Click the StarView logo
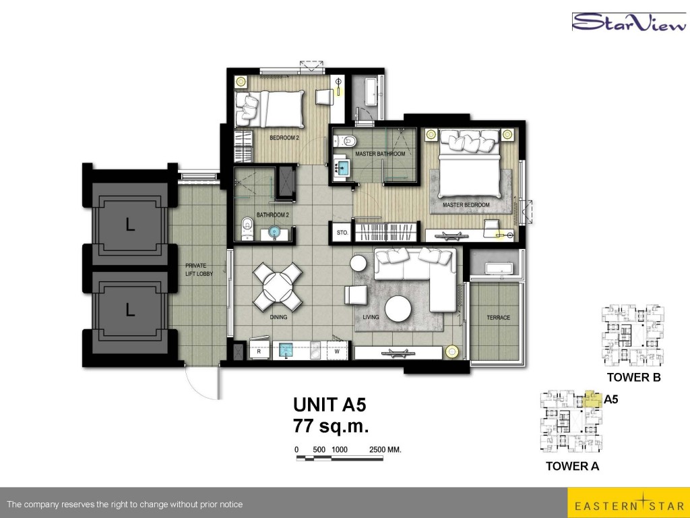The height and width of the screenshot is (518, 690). pos(629,22)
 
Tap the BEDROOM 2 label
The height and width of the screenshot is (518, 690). pos(284,138)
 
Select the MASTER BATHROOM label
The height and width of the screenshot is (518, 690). pos(380,154)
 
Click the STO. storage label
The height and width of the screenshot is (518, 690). pos(342,233)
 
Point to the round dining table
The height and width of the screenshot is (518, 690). pos(278,287)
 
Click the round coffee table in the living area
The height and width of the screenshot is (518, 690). pos(398,308)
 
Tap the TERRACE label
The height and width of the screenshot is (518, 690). pos(498,318)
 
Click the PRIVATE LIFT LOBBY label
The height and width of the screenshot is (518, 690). pos(199,270)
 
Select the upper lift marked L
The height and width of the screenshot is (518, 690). pos(130,225)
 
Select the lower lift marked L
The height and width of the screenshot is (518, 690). pos(130,310)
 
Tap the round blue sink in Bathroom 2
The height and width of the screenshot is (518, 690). pos(275,232)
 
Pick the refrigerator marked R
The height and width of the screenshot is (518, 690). pos(259,350)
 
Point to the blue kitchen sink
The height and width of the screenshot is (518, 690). pos(286,351)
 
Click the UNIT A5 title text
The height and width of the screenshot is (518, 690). pos(330,405)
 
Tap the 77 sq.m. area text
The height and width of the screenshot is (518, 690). pos(331,426)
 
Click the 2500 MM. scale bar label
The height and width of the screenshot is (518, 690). pos(385,450)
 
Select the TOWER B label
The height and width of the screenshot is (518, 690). pos(633,377)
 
